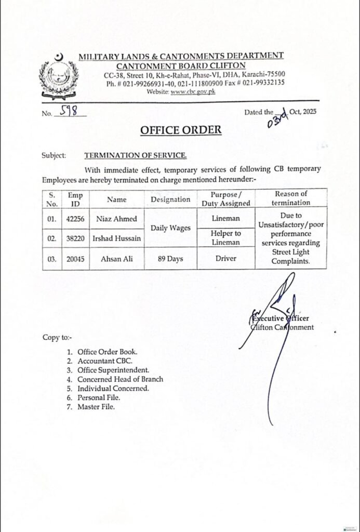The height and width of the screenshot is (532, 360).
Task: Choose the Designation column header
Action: pos(170,199)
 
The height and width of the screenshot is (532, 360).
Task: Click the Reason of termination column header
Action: pos(291,198)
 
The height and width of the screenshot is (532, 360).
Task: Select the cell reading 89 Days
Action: pos(170,258)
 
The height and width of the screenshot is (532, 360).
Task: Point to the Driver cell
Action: pos(226,258)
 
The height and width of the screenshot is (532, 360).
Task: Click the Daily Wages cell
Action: pos(170,228)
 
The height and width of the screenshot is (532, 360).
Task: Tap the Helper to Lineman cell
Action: pos(226,238)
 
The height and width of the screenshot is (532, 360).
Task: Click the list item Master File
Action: pos(96,407)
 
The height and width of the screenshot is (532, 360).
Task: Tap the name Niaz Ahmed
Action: pos(116,219)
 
